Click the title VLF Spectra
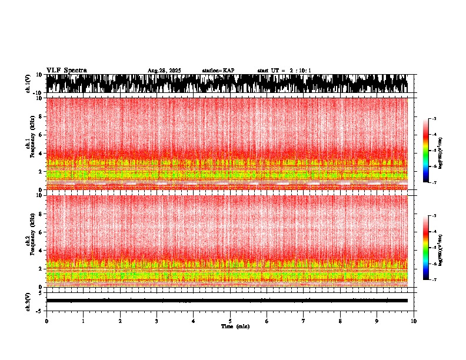tap(66, 71)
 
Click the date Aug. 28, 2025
tap(164, 71)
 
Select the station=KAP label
tap(218, 71)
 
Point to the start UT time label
tap(284, 71)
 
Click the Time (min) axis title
tap(235, 326)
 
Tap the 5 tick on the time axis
tap(230, 321)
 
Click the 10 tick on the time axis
tap(414, 321)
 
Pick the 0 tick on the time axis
tap(46, 321)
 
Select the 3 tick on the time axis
tap(157, 321)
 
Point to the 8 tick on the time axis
tap(340, 321)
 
